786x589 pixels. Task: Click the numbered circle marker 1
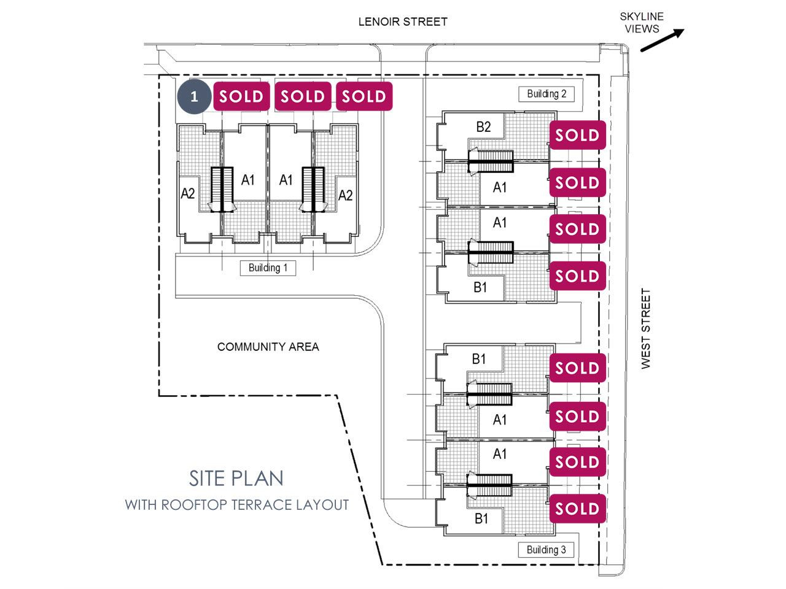click(193, 96)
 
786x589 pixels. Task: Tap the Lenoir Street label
click(402, 22)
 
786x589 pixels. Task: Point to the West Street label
click(645, 329)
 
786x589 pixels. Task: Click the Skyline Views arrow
click(662, 40)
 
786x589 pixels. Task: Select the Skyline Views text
click(642, 23)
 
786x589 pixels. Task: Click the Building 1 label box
click(268, 268)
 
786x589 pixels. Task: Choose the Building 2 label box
click(547, 94)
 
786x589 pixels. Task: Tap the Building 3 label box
click(546, 550)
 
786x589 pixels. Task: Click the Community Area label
click(268, 347)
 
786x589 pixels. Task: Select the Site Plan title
click(236, 479)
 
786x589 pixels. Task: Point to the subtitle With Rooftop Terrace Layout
click(236, 505)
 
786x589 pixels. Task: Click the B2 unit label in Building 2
click(483, 127)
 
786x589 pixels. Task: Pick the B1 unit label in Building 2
click(480, 287)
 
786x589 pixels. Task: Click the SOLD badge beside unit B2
click(577, 135)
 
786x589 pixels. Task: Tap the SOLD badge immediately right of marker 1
click(241, 96)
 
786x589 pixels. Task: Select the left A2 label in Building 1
click(188, 193)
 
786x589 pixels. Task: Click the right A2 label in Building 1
click(346, 195)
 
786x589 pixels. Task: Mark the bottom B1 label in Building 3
click(481, 518)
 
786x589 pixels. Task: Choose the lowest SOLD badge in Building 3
click(577, 509)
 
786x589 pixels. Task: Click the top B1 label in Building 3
click(479, 359)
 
